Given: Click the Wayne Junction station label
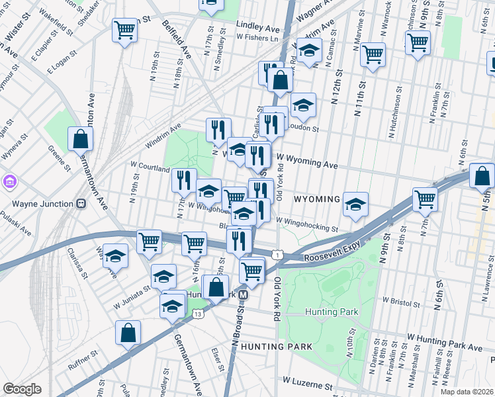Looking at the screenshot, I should coord(39,203).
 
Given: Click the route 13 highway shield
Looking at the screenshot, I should coord(197,314).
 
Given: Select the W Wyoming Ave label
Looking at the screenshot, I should coord(307,161).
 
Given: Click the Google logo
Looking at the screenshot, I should coord(22,389).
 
